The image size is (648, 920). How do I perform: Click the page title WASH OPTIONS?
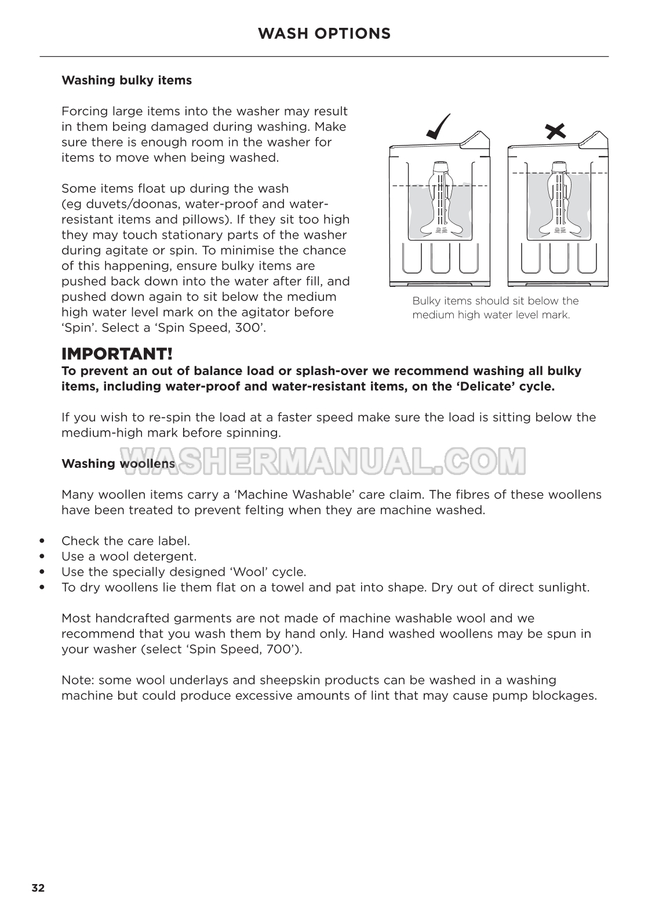click(x=324, y=34)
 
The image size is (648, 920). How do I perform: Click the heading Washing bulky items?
click(x=126, y=80)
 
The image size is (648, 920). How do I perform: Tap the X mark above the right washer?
click(x=556, y=131)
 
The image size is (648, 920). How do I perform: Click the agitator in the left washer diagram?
click(x=441, y=201)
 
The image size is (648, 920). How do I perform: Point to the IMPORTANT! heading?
click(x=117, y=354)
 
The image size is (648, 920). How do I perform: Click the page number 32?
click(x=38, y=888)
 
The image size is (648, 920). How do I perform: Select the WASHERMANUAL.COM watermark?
click(x=323, y=461)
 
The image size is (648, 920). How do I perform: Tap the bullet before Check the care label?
click(x=41, y=541)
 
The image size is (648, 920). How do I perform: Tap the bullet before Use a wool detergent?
click(x=41, y=557)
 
